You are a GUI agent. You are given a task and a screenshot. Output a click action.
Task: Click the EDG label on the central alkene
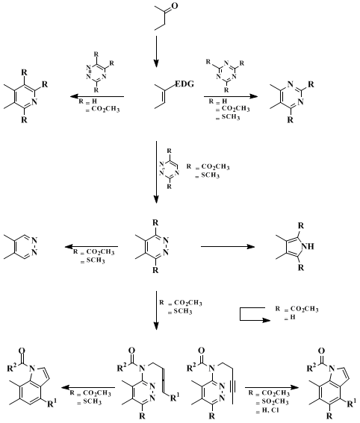pos(184,84)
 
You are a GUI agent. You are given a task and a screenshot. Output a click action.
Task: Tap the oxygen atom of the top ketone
pos(175,6)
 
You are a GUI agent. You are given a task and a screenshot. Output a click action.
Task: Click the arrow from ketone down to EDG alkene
pos(156,51)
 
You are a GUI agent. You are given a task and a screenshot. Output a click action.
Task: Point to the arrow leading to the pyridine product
pos(97,96)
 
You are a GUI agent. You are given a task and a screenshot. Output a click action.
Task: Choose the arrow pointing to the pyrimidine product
pos(231,96)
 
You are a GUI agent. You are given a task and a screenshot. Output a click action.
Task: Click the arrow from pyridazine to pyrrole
pos(228,246)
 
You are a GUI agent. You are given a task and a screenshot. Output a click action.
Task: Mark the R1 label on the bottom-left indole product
pos(52,404)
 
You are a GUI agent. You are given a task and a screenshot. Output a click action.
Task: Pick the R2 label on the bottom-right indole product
pos(312,368)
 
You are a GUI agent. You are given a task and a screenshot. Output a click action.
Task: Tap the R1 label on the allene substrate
pos(174,397)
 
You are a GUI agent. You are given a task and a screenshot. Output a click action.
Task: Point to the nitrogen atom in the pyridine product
pos(34,101)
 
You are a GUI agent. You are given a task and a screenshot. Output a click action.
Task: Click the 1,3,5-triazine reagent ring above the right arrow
pos(226,72)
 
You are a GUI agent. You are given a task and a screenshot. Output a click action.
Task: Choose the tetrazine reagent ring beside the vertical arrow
pos(170,169)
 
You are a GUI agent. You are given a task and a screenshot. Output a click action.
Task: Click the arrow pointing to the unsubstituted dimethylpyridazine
pos(91,246)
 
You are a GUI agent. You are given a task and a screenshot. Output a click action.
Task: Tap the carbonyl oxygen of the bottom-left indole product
pos(22,351)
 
